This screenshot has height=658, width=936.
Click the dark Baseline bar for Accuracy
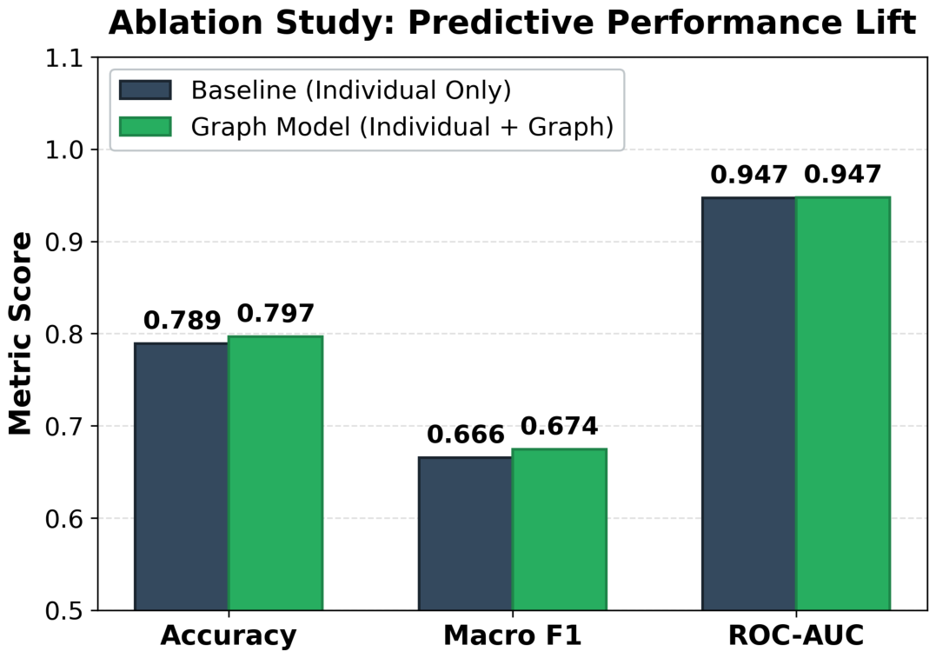(182, 476)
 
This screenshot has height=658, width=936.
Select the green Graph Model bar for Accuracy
(275, 473)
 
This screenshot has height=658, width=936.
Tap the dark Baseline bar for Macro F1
(465, 533)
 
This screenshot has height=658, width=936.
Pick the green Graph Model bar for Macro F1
(560, 529)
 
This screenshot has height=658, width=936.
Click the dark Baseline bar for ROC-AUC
(749, 403)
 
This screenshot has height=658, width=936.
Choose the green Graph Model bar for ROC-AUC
(843, 403)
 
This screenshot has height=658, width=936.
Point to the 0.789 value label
(182, 321)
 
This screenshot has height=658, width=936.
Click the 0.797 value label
(275, 314)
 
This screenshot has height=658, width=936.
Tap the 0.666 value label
(466, 435)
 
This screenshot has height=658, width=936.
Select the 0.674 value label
(560, 426)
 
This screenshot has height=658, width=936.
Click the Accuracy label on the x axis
(229, 636)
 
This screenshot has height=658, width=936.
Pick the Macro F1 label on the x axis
(512, 635)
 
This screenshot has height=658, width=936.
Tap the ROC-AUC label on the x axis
(796, 635)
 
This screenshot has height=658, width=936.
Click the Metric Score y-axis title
(20, 334)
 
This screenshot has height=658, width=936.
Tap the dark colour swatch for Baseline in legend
(145, 90)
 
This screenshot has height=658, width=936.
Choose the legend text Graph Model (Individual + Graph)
(402, 127)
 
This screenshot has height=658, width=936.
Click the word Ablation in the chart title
(186, 23)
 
